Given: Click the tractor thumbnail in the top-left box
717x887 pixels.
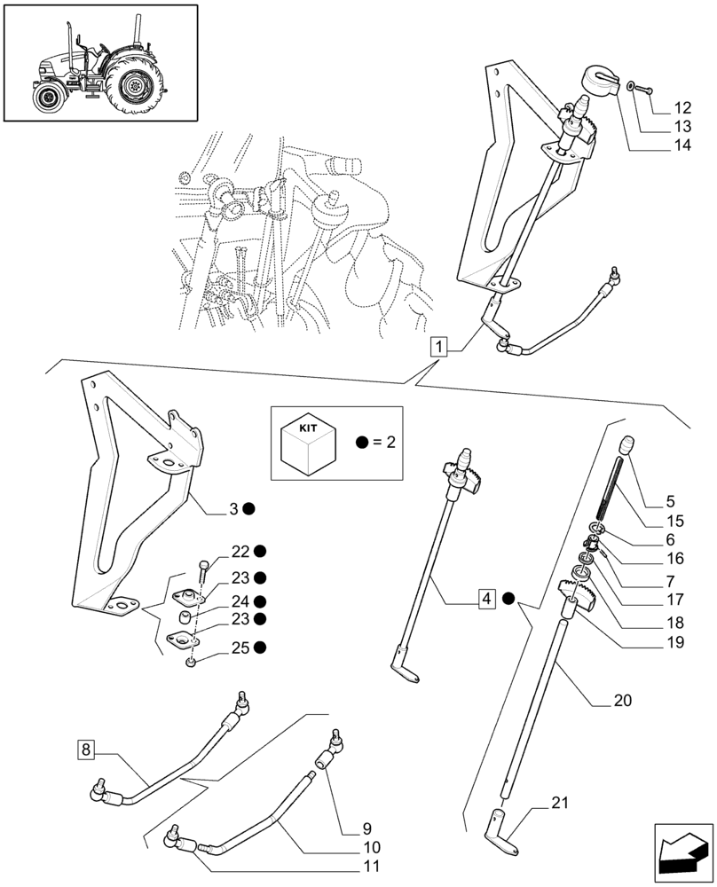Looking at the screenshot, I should click(x=98, y=62).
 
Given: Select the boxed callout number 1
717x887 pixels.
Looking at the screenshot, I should click(x=441, y=346).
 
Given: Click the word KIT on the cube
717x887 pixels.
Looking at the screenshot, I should click(x=308, y=428).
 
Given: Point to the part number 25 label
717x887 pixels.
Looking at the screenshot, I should click(x=240, y=648).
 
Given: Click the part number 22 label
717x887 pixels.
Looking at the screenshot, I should click(x=240, y=552).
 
